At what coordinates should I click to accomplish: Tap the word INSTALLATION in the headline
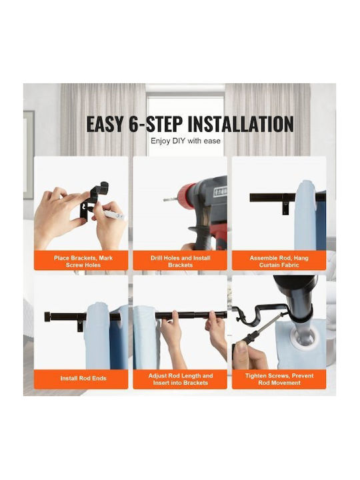[241, 124]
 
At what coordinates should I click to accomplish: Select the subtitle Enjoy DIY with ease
[185, 141]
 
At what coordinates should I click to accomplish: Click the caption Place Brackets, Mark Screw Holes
[83, 261]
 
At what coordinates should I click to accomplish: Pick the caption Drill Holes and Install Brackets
[180, 261]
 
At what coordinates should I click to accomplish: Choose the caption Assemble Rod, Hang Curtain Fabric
[279, 261]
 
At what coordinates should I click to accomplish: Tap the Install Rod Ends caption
[83, 379]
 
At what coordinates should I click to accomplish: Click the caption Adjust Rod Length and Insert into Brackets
[180, 379]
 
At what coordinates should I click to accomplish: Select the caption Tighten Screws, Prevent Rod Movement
[279, 379]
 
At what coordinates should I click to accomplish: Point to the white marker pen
[114, 215]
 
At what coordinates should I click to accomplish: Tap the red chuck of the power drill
[185, 195]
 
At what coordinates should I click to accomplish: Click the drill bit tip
[165, 200]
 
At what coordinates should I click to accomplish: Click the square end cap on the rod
[48, 317]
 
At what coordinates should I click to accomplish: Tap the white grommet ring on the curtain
[303, 340]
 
